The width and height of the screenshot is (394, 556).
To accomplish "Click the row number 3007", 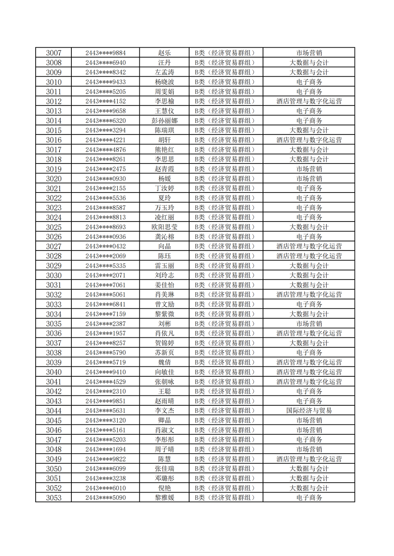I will [x=54, y=53].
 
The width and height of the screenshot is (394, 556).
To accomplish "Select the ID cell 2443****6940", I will [x=105, y=63].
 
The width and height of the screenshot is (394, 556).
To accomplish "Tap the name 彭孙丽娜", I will [x=164, y=120].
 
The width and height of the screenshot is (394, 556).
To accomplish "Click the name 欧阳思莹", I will [x=164, y=227].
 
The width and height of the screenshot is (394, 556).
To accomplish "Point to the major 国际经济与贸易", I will [x=309, y=411].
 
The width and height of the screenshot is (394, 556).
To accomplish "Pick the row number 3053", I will [x=54, y=498].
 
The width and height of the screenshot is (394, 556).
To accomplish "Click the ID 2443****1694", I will [x=105, y=449].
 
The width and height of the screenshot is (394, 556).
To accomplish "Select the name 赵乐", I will [x=164, y=53].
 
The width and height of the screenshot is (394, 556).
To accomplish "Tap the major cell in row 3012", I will [x=309, y=101].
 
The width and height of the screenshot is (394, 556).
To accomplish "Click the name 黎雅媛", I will [x=164, y=498].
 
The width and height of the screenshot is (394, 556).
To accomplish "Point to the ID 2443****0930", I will [x=105, y=178].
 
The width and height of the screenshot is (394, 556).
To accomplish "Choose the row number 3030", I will [x=54, y=275].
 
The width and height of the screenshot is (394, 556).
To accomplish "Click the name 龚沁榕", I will [x=164, y=237].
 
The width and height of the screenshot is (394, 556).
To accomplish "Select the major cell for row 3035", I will [x=309, y=324].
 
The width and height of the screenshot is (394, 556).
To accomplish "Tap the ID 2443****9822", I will [x=105, y=459].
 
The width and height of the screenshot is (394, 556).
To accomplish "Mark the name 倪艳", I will [x=164, y=488].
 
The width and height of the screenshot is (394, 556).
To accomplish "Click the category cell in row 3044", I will [x=226, y=411].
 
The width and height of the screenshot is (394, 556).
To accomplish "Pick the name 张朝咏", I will [x=164, y=382].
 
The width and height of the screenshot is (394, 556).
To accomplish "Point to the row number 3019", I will [x=54, y=169].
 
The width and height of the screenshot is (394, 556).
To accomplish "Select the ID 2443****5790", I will [x=105, y=353].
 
